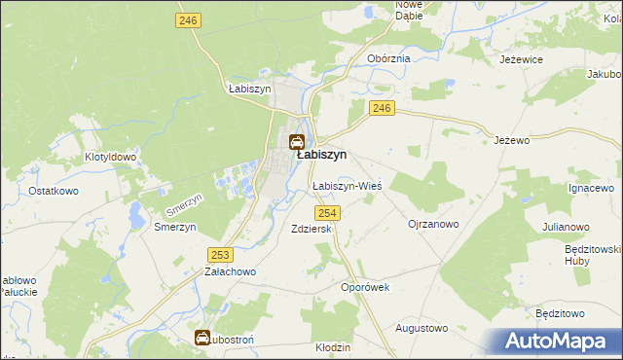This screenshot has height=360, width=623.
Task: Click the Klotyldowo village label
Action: tap(109, 156)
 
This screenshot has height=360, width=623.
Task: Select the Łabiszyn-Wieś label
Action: tap(346, 185)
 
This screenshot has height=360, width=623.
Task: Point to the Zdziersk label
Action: tap(311, 229)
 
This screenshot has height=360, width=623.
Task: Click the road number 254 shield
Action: tap(327, 213)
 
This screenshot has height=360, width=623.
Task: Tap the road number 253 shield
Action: tap(220, 254)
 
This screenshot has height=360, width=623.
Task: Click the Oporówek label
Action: tap(365, 287)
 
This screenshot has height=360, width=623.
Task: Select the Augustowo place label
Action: tap(421, 328)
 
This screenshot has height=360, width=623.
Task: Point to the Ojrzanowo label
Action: tap(432, 224)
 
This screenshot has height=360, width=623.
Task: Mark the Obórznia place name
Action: tap(388, 58)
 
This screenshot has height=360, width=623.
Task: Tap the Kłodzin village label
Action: tap(333, 347)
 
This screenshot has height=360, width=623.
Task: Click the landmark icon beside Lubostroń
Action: tap(202, 339)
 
